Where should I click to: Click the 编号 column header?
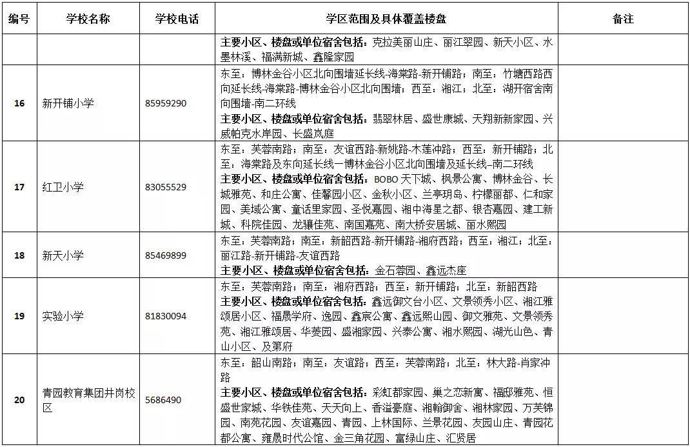[x=19, y=19]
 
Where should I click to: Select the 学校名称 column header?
[x=88, y=19]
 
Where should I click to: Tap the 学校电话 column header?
[x=177, y=19]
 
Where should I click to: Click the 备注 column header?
[x=622, y=19]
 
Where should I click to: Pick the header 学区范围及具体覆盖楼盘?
[x=387, y=19]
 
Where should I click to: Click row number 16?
[x=19, y=103]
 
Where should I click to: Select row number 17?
[x=19, y=187]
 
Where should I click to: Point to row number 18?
[x=19, y=255]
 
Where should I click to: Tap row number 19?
[x=19, y=316]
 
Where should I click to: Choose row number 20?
[x=19, y=400]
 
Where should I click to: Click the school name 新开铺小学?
[x=68, y=103]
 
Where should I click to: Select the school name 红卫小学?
[x=63, y=187]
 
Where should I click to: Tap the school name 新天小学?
[x=63, y=255]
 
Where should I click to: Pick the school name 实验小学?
[x=63, y=316]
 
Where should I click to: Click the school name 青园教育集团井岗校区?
[x=88, y=400]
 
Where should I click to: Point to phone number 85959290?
[x=166, y=103]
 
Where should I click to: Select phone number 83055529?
[x=166, y=187]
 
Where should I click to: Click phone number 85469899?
[x=166, y=255]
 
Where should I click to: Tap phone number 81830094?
[x=166, y=316]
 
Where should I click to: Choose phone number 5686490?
[x=163, y=400]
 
